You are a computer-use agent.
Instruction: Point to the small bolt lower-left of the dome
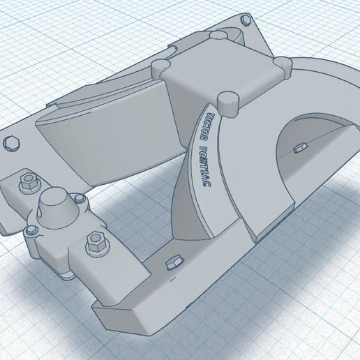pyautogui.click(x=31, y=230)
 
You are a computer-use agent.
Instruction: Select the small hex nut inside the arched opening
pyautogui.click(x=301, y=147)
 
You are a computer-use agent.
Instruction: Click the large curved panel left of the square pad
pyautogui.click(x=105, y=136)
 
